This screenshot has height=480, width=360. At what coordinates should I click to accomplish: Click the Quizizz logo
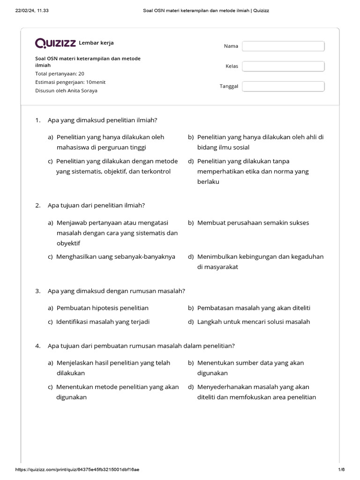[56, 44]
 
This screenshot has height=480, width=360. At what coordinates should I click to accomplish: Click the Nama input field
[283, 46]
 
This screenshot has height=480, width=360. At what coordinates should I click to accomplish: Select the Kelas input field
[283, 66]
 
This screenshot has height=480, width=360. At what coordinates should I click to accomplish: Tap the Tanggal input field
[283, 86]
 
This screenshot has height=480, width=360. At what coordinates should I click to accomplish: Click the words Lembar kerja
[96, 43]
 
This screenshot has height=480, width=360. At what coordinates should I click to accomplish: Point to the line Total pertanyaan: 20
[60, 74]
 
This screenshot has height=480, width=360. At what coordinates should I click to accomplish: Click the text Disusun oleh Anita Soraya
[66, 90]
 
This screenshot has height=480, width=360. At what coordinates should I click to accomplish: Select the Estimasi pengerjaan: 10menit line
[70, 82]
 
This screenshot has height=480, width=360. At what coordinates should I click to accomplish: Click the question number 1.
[37, 120]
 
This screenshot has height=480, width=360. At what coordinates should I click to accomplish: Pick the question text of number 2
[96, 205]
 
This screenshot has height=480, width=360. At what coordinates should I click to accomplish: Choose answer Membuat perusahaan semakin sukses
[253, 223]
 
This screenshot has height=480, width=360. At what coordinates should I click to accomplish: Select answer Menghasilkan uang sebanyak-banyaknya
[115, 256]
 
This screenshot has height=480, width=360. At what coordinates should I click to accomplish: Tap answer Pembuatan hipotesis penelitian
[102, 308]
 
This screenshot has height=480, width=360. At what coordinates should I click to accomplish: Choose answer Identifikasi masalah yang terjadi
[103, 322]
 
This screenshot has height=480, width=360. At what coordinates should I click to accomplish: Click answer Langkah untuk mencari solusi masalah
[253, 322]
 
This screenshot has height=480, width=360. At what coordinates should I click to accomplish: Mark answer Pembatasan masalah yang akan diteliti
[254, 308]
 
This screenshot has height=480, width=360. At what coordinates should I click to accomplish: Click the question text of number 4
[141, 346]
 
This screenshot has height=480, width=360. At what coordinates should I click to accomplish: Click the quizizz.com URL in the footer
[77, 469]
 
